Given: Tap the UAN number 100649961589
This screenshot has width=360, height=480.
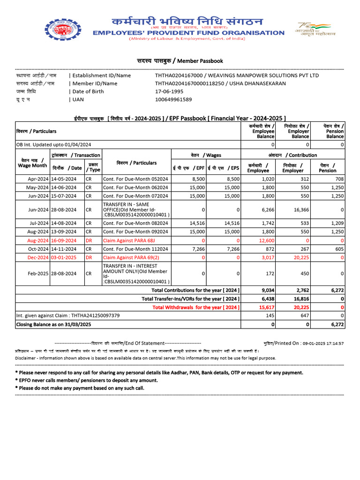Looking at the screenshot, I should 173,99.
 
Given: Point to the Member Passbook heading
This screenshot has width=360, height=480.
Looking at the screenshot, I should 180,61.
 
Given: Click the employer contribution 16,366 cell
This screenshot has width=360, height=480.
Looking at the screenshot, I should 300,210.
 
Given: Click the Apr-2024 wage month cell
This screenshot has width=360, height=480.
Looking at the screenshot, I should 38,179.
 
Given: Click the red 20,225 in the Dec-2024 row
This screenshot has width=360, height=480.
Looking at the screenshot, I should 300,257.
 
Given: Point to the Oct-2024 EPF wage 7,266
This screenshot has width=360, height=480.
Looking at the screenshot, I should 198,249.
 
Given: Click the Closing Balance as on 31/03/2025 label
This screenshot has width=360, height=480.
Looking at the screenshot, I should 53,324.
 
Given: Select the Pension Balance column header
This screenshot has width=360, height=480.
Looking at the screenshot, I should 335,131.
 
